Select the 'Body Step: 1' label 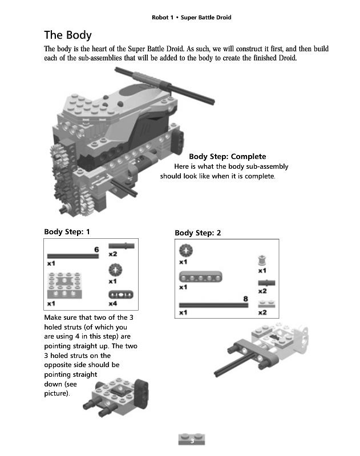click(67, 232)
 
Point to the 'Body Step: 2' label click(197, 233)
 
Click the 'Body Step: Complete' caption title click(227, 157)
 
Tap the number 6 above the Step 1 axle click(96, 250)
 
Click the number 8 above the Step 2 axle click(245, 299)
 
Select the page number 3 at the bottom click(192, 441)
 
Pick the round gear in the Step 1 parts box click(115, 270)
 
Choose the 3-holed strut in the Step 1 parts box click(120, 294)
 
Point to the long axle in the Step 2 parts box click(213, 306)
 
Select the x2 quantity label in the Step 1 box click(113, 254)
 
